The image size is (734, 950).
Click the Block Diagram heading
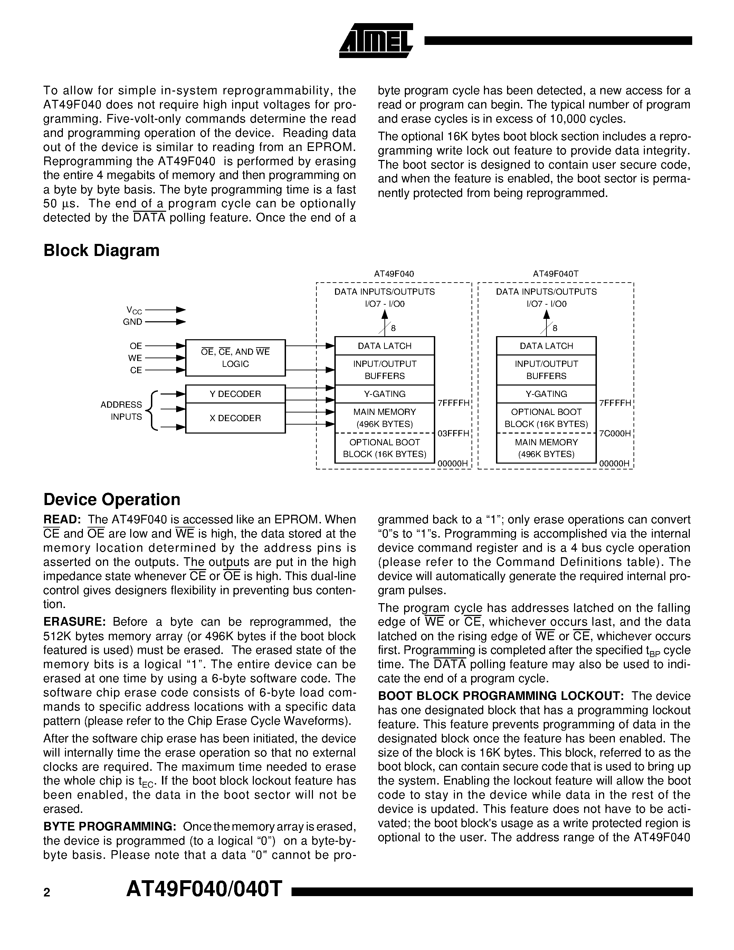point(101,250)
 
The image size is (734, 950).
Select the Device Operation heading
point(112,500)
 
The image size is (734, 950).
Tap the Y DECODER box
point(235,394)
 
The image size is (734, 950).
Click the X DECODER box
point(235,418)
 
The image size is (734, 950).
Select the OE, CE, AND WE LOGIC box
point(235,358)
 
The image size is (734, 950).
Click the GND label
point(133,322)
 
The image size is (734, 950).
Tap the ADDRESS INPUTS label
point(121,411)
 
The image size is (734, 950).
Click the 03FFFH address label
point(454,433)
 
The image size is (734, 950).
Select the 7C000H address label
point(615,433)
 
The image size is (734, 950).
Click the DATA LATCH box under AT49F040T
point(546,346)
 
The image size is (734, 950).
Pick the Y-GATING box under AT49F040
point(384,394)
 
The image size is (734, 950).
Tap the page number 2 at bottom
point(47,893)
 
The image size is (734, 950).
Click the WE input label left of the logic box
point(135,358)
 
